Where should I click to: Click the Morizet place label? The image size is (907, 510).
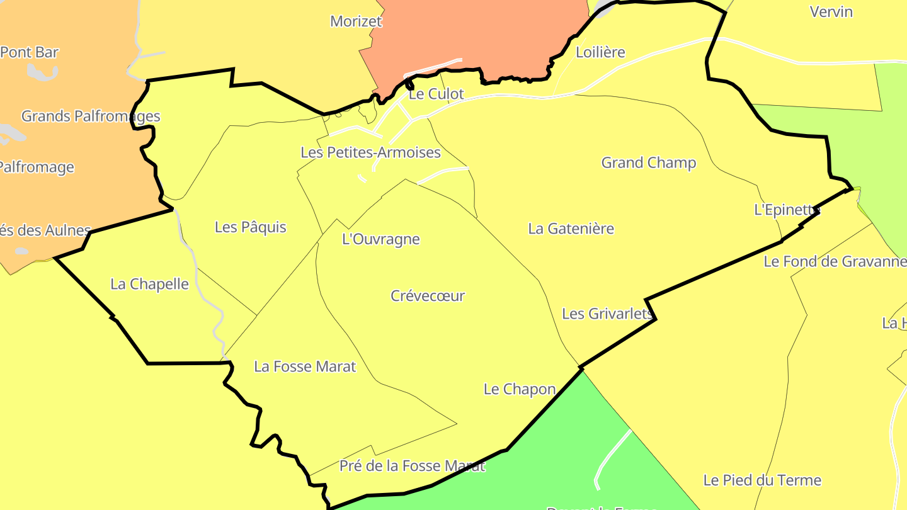[x=356, y=21]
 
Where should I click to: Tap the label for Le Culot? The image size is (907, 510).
[x=436, y=94]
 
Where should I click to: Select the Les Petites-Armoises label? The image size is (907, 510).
[x=370, y=152]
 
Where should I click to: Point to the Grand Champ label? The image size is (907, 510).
[x=649, y=162]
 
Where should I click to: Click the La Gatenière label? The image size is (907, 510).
[x=571, y=229]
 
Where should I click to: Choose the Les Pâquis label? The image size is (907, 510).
[x=250, y=227]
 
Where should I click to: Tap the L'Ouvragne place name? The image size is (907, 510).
[x=380, y=239]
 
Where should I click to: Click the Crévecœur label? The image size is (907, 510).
[x=428, y=296]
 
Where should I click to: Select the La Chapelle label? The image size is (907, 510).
[x=149, y=284]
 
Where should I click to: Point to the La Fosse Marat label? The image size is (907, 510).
[x=305, y=366]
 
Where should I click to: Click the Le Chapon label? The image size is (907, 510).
[x=520, y=389]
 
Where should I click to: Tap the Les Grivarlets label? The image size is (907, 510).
[x=607, y=314]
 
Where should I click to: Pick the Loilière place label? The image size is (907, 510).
[x=600, y=52]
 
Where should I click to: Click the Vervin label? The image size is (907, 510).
[x=831, y=11]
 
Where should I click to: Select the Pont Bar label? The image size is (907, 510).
[x=30, y=52]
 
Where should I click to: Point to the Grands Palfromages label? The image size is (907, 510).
[x=91, y=116]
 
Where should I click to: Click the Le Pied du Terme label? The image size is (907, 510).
[x=762, y=480]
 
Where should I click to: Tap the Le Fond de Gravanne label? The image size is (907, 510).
[x=835, y=261]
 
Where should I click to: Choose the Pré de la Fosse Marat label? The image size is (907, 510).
[x=412, y=466]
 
